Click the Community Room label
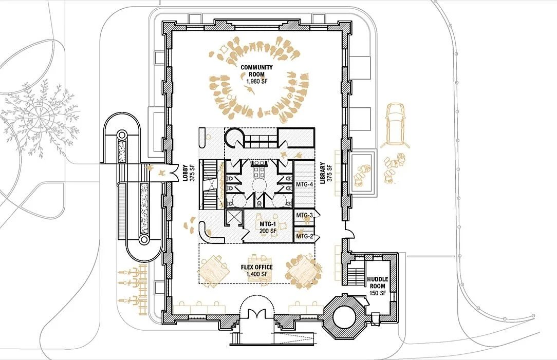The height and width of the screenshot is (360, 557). tap(256, 71)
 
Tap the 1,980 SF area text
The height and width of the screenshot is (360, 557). tap(257, 81)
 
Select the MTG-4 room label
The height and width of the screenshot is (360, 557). tap(304, 184)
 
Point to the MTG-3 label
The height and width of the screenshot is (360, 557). tap(304, 215)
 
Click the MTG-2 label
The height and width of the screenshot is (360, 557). tap(304, 236)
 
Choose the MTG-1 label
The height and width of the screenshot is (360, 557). tap(268, 224)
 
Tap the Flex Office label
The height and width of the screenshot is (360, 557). tap(256, 268)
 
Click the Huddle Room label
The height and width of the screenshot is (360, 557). tap(377, 282)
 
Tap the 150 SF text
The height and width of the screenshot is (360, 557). tap(377, 293)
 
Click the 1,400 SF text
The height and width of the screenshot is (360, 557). tap(259, 274)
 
